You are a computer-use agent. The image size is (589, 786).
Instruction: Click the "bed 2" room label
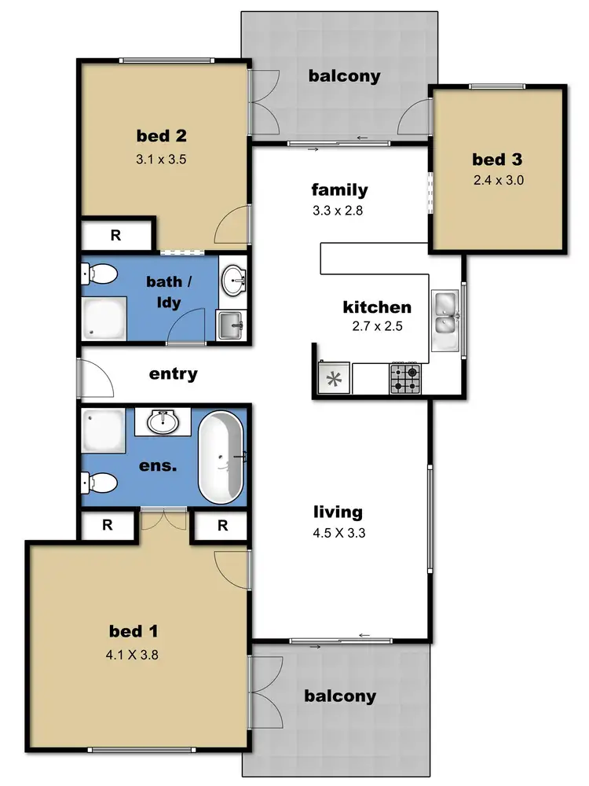point(161,136)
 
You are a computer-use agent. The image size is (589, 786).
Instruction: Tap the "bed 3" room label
point(497,160)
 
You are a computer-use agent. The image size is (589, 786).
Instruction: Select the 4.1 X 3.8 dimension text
point(137,653)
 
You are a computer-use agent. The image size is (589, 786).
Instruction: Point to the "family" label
point(339,189)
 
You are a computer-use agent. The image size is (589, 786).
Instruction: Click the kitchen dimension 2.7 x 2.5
point(376,327)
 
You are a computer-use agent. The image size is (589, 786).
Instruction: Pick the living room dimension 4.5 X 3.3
point(338,532)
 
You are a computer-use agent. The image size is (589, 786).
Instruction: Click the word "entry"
point(173,374)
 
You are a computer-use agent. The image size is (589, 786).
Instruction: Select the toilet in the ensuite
point(96,481)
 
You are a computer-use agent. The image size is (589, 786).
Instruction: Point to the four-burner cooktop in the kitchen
point(405,379)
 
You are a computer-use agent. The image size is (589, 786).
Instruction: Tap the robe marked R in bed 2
point(115,235)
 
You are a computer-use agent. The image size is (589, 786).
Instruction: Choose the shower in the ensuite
point(103,430)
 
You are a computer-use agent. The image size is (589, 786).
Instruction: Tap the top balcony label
point(344,76)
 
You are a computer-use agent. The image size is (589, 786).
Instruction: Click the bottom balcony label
point(340,696)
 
